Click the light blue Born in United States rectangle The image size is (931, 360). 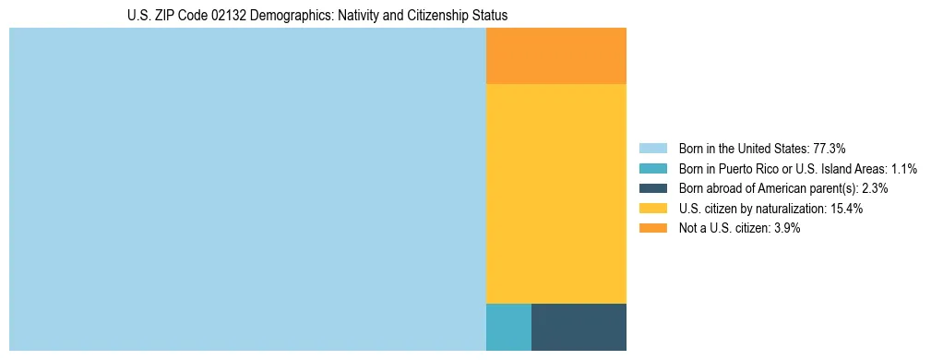click(x=247, y=189)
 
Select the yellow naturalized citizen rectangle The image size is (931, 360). click(x=556, y=194)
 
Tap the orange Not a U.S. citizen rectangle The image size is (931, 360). click(x=556, y=55)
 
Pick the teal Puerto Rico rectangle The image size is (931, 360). click(x=508, y=327)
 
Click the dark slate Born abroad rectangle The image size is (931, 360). click(x=579, y=327)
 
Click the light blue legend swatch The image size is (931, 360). click(x=652, y=149)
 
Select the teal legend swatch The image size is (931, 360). click(x=652, y=169)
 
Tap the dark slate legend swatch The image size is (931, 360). click(x=652, y=188)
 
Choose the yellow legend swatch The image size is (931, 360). click(x=652, y=209)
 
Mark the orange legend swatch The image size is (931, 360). click(x=652, y=228)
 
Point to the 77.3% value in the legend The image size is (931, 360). click(x=830, y=149)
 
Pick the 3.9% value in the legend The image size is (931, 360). click(x=783, y=228)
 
